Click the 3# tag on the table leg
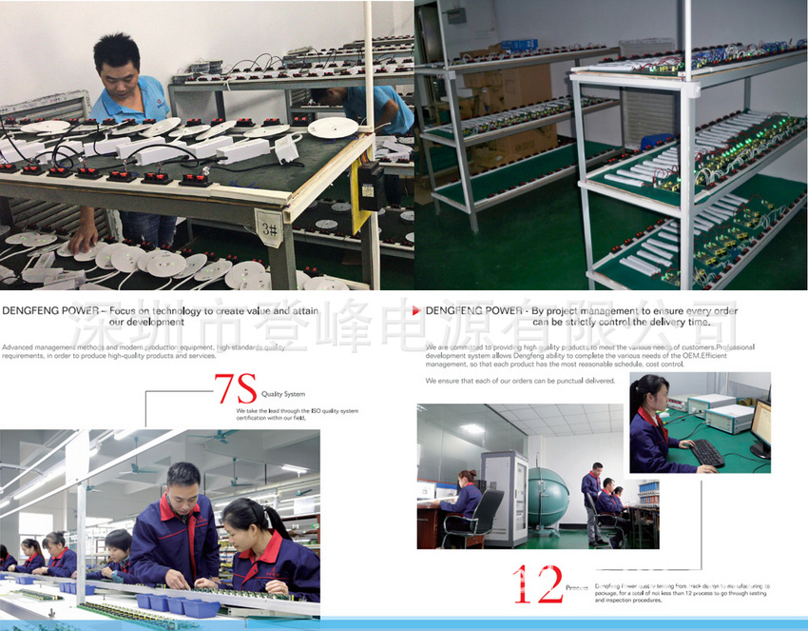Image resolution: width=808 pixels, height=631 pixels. pyautogui.click(x=270, y=229)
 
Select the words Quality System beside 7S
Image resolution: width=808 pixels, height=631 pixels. pyautogui.click(x=283, y=393)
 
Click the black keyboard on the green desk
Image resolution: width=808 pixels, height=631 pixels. pyautogui.click(x=706, y=452)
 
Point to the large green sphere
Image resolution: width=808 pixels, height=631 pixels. pyautogui.click(x=548, y=497)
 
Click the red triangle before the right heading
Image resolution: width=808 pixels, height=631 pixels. pyautogui.click(x=418, y=311)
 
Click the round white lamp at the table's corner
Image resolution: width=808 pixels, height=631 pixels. pyautogui.click(x=333, y=128)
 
